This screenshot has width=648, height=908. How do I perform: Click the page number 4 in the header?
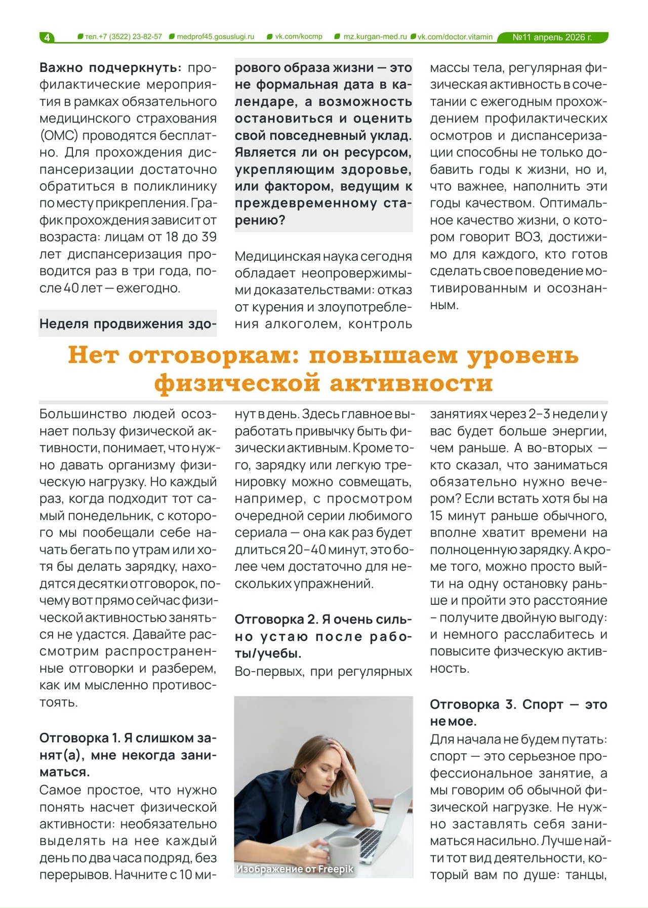pyautogui.click(x=47, y=37)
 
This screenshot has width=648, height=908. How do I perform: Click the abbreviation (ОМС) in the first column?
pyautogui.click(x=59, y=136)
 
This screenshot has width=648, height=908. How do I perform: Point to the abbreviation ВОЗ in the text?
pyautogui.click(x=528, y=237)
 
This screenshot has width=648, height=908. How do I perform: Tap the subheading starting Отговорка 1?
pyautogui.click(x=128, y=755)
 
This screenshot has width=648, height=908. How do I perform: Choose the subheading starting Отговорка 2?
pyautogui.click(x=323, y=636)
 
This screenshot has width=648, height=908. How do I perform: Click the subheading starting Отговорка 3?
pyautogui.click(x=518, y=712)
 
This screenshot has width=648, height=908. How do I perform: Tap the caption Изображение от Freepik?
pyautogui.click(x=295, y=869)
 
